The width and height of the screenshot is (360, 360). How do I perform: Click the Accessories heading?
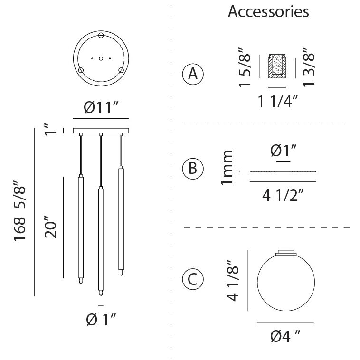(268, 11)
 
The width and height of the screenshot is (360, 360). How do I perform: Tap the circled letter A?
(192, 74)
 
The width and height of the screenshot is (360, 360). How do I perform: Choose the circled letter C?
(192, 279)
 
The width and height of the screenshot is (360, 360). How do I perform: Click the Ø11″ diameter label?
(101, 108)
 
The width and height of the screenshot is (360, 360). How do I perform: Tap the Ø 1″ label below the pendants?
(101, 320)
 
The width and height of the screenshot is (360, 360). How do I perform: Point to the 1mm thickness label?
(228, 167)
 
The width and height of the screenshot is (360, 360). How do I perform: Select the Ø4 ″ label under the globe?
(285, 336)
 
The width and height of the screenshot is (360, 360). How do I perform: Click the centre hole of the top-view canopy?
(101, 58)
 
